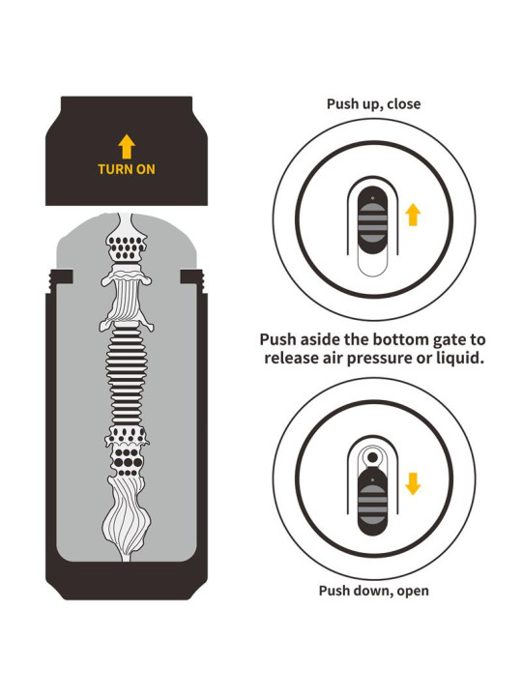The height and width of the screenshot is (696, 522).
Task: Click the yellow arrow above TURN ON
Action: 127,147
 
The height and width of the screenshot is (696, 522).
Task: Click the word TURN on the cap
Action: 113,169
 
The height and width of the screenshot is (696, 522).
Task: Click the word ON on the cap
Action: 144,169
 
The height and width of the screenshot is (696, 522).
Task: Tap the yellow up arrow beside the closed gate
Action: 413,215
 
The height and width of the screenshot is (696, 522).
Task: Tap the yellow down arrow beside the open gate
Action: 413,484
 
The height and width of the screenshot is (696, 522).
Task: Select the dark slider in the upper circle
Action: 373,221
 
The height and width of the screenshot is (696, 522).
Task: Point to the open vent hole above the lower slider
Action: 373,457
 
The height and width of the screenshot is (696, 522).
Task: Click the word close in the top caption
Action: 403,103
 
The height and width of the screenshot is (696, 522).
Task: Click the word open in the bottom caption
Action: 413,592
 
